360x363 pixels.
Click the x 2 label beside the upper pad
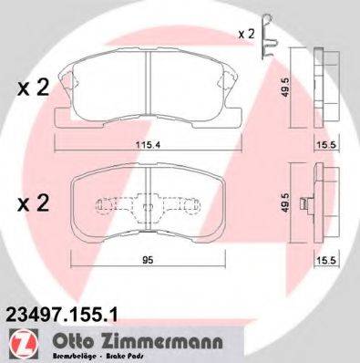click(x=34, y=88)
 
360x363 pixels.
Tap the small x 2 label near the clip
click(x=246, y=34)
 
